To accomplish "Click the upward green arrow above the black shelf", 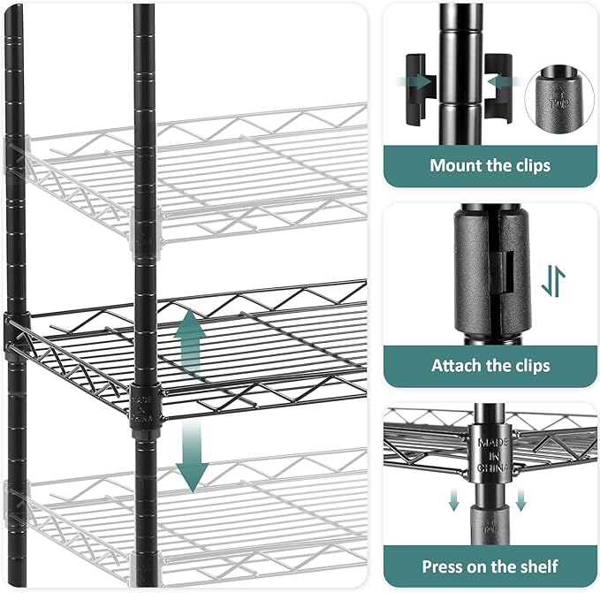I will [188, 345].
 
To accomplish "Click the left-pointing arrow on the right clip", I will [494, 82].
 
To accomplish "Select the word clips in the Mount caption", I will [525, 165].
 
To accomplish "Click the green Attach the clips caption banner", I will [490, 365].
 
